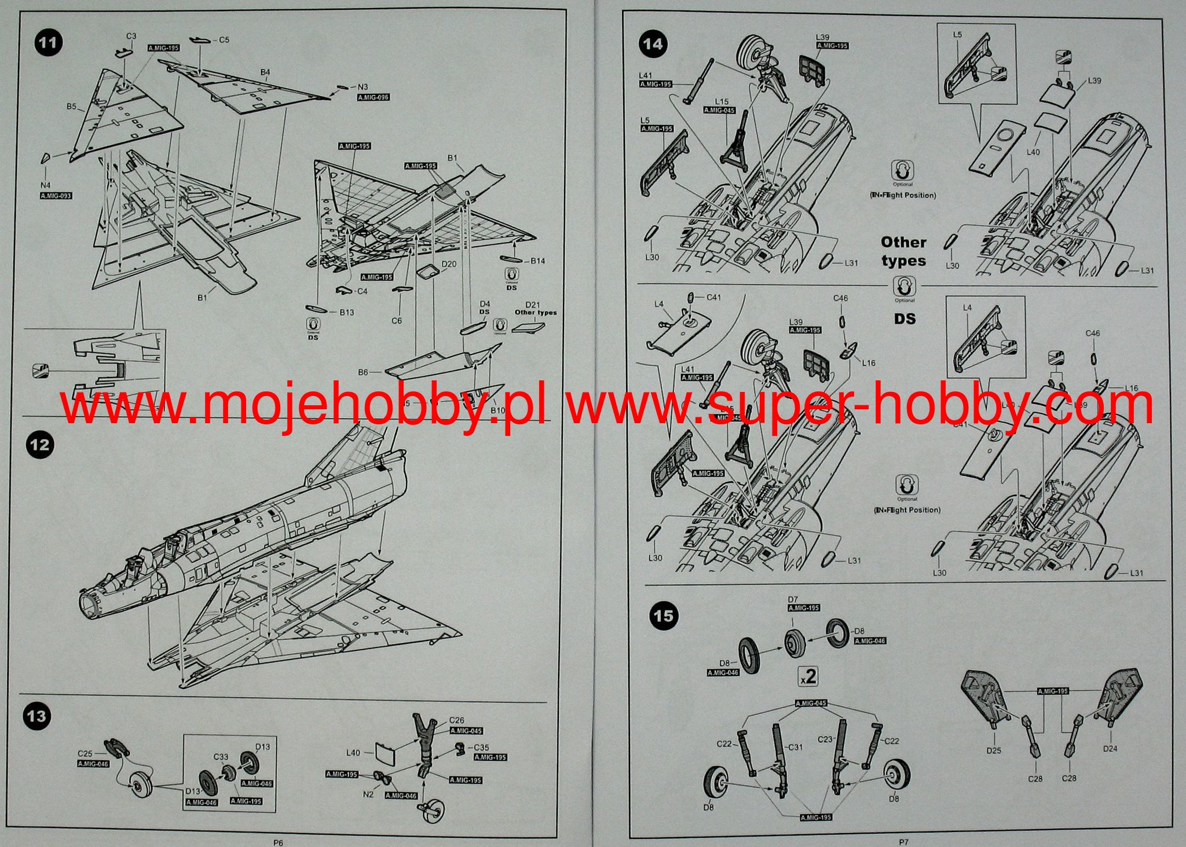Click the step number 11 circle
[49, 43]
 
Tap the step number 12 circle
[39, 445]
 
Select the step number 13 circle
[36, 716]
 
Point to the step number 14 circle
[653, 44]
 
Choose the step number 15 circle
[664, 615]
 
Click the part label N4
[45, 185]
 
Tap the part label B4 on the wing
[265, 72]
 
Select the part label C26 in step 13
[456, 721]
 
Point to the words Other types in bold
[903, 251]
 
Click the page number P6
[278, 843]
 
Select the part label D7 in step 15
[793, 599]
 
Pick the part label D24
[1110, 749]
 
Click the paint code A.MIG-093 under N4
[56, 196]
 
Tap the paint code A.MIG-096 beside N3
[374, 97]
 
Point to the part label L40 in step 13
[353, 753]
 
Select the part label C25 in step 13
[85, 753]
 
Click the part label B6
[363, 372]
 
